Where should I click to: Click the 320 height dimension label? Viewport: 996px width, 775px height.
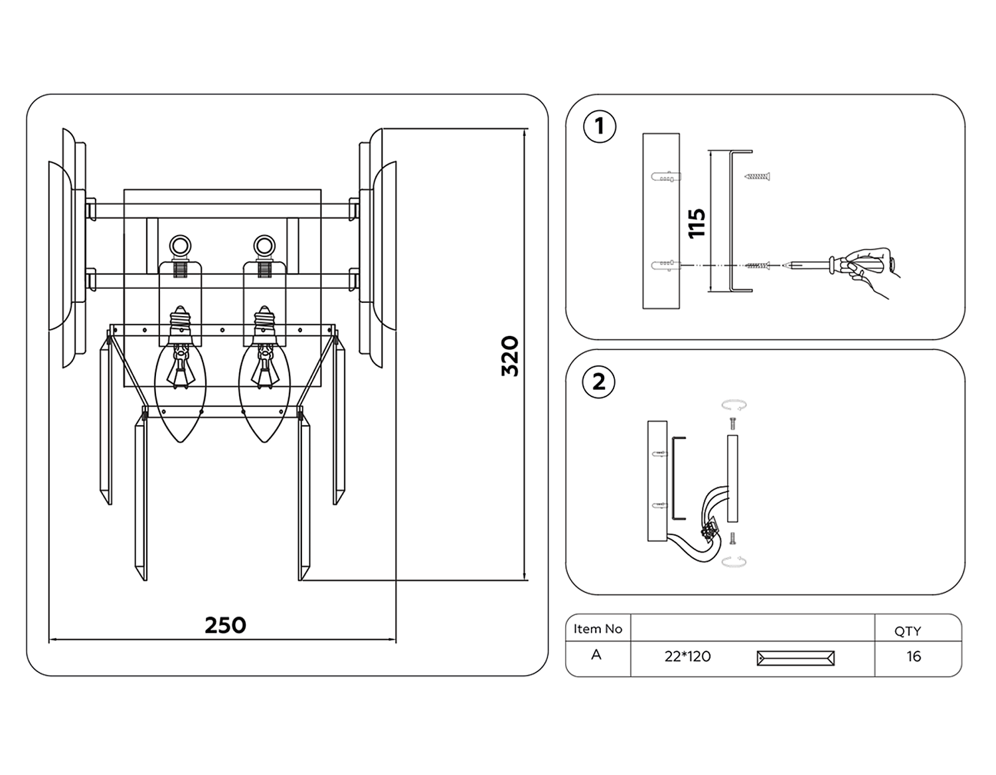(510, 356)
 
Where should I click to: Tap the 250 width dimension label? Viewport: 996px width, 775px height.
(225, 625)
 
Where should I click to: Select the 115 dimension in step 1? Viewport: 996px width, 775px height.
(697, 223)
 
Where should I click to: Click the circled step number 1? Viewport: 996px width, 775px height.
(600, 126)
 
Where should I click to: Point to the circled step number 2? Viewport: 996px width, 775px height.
(599, 382)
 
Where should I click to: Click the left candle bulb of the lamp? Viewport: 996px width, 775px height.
(180, 375)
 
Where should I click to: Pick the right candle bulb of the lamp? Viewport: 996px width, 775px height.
(264, 375)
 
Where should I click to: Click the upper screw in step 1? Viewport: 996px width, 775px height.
(757, 177)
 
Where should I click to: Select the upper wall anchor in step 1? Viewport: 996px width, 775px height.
(666, 177)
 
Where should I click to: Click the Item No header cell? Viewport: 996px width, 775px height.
(598, 629)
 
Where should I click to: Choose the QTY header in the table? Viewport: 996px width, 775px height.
(908, 632)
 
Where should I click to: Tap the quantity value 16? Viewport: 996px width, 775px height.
(914, 656)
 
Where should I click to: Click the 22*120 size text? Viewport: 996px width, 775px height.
(687, 657)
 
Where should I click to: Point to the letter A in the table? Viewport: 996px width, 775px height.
(596, 654)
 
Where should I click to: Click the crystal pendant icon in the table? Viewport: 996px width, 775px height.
(795, 658)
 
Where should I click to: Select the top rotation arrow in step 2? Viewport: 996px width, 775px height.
(734, 404)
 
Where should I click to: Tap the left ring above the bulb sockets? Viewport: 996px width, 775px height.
(180, 246)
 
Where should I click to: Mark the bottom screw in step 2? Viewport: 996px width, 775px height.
(732, 539)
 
